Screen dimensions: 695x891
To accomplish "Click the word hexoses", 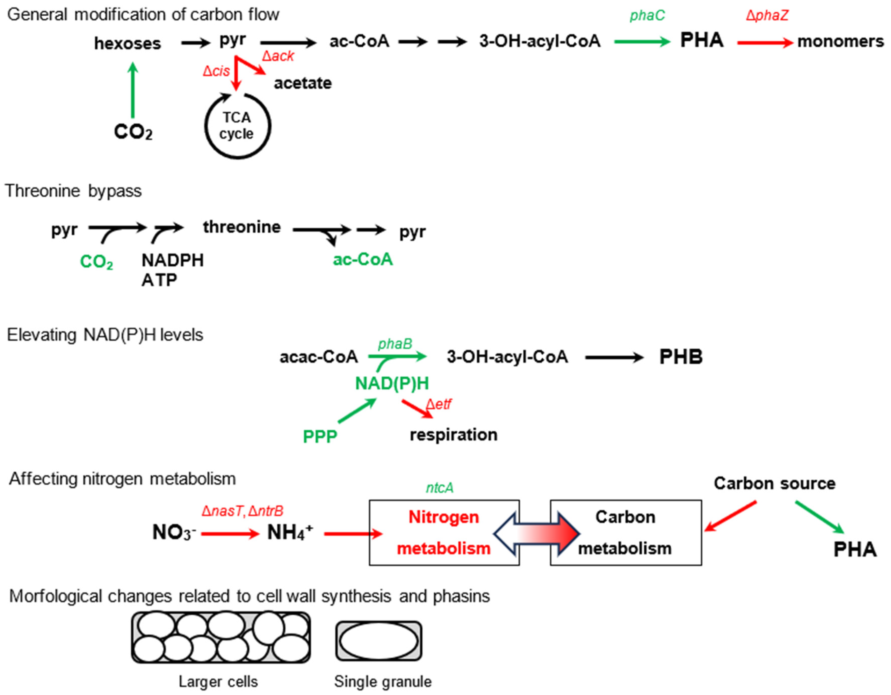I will pyautogui.click(x=127, y=43).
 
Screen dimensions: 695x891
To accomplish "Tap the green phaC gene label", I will pyautogui.click(x=647, y=15).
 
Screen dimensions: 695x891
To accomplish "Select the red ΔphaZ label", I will pyautogui.click(x=767, y=15).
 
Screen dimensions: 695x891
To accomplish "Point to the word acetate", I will pyautogui.click(x=303, y=83).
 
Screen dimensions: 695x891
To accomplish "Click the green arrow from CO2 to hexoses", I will pyautogui.click(x=133, y=90).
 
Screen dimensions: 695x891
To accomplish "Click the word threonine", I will pyautogui.click(x=242, y=227).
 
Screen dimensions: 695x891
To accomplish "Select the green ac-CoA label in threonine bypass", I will pyautogui.click(x=363, y=259).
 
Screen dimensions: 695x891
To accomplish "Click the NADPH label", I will pyautogui.click(x=173, y=260).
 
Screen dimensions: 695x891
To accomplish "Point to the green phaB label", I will pyautogui.click(x=395, y=344).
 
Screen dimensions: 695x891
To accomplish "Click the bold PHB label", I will pyautogui.click(x=681, y=357).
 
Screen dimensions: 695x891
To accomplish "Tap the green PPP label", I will pyautogui.click(x=320, y=436).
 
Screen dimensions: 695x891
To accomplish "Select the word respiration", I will pyautogui.click(x=453, y=434).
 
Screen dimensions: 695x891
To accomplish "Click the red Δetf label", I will pyautogui.click(x=439, y=404).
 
